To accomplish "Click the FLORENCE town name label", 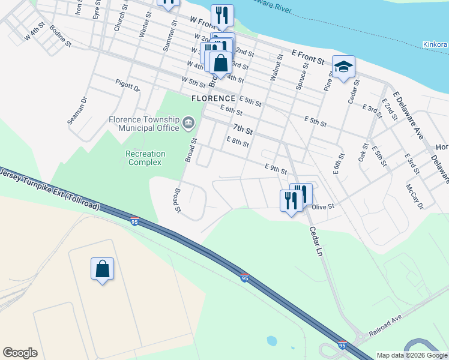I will click(x=213, y=98).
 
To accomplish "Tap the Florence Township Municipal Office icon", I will click(x=188, y=123).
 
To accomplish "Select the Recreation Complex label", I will click(x=145, y=158).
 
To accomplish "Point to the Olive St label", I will click(x=322, y=206).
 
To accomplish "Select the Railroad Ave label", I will click(x=384, y=325).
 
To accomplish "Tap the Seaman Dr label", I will click(x=77, y=110).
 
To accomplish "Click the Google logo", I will click(x=20, y=353).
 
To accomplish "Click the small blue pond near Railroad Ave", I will click(x=272, y=340).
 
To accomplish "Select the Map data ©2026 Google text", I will click(x=411, y=355).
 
